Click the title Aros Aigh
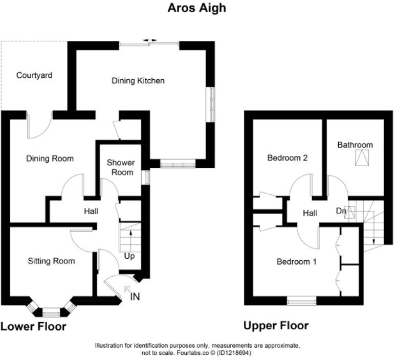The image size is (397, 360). pyautogui.click(x=196, y=8)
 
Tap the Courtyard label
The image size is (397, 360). pyautogui.click(x=34, y=75)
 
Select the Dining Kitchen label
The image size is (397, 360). pyautogui.click(x=138, y=80)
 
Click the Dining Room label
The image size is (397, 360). pyautogui.click(x=50, y=159)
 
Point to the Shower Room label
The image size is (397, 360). pyautogui.click(x=120, y=167)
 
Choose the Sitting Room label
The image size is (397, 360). pyautogui.click(x=51, y=261)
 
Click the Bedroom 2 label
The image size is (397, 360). pyautogui.click(x=287, y=158)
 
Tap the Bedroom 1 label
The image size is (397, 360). pyautogui.click(x=296, y=261)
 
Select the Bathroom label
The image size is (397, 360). pyautogui.click(x=355, y=145)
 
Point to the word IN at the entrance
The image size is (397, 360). pyautogui.click(x=135, y=296)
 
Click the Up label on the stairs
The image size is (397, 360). pyautogui.click(x=129, y=256)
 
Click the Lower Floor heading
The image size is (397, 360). pyautogui.click(x=33, y=326)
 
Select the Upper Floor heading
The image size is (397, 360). pyautogui.click(x=276, y=326)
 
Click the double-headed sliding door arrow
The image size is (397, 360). pyautogui.click(x=150, y=40)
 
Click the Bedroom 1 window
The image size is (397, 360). pyautogui.click(x=301, y=302)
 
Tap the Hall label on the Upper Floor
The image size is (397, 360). pyautogui.click(x=310, y=213)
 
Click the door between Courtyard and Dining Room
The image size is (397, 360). pyautogui.click(x=40, y=125)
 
